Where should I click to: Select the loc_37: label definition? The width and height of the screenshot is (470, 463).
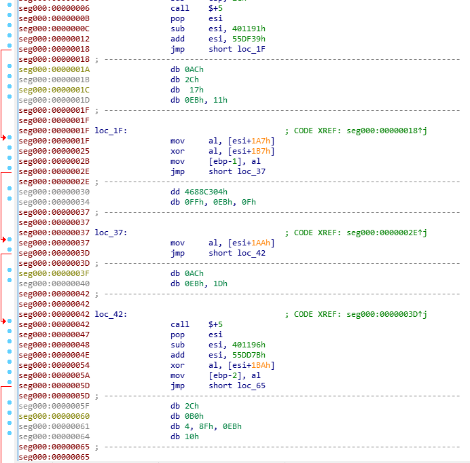point(111,233)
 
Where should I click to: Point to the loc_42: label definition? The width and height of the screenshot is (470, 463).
point(111,314)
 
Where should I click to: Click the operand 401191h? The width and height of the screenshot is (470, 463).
point(249,29)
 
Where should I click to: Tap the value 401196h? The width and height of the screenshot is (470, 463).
point(249,345)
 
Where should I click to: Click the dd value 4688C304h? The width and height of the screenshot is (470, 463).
point(206,192)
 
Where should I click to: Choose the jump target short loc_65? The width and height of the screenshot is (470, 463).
point(237,385)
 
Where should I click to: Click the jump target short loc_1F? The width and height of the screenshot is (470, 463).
point(237,49)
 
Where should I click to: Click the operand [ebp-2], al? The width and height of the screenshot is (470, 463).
point(234,375)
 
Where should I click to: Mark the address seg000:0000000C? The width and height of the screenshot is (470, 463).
point(54,29)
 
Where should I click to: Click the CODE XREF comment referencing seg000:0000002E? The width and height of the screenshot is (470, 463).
point(356,233)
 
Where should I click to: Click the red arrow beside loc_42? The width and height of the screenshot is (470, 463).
point(4,321)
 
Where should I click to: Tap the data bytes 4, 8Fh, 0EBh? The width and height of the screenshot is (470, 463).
point(215,426)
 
